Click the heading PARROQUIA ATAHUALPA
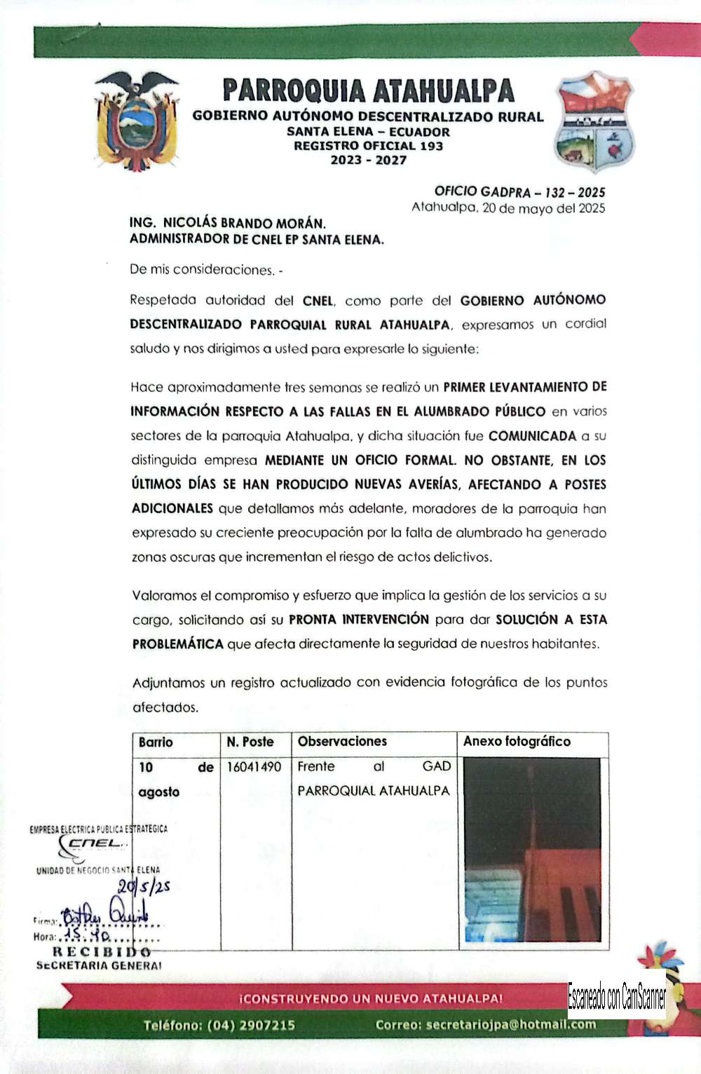pos(369,91)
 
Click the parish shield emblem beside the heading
pos(594,121)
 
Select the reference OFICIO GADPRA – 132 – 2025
pos(519,191)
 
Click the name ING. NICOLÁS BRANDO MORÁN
pos(228,223)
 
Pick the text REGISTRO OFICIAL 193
pos(368,146)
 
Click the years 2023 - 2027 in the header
pos(368,161)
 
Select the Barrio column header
pos(156,742)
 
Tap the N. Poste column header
pos(250,742)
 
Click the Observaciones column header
pos(342,742)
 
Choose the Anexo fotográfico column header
pos(517,742)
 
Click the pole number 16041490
pos(254,767)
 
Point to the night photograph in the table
pos(533,850)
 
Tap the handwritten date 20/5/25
pos(144,887)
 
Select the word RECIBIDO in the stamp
pos(102,952)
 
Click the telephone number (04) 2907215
pos(251,1025)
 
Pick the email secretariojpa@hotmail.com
pos(511,1024)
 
